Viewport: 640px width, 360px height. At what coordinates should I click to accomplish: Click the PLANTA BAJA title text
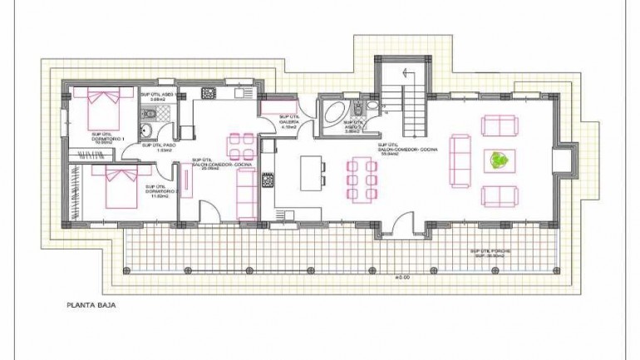coord(91,305)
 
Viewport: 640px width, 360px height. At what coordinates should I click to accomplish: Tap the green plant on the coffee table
coord(500,160)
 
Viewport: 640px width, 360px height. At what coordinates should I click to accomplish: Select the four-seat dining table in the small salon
coord(241,147)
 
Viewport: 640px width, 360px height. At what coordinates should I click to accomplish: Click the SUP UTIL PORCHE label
coord(490,252)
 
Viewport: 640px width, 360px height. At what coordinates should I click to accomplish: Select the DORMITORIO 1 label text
coord(108,138)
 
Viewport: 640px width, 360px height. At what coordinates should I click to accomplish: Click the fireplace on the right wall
coord(564,159)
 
